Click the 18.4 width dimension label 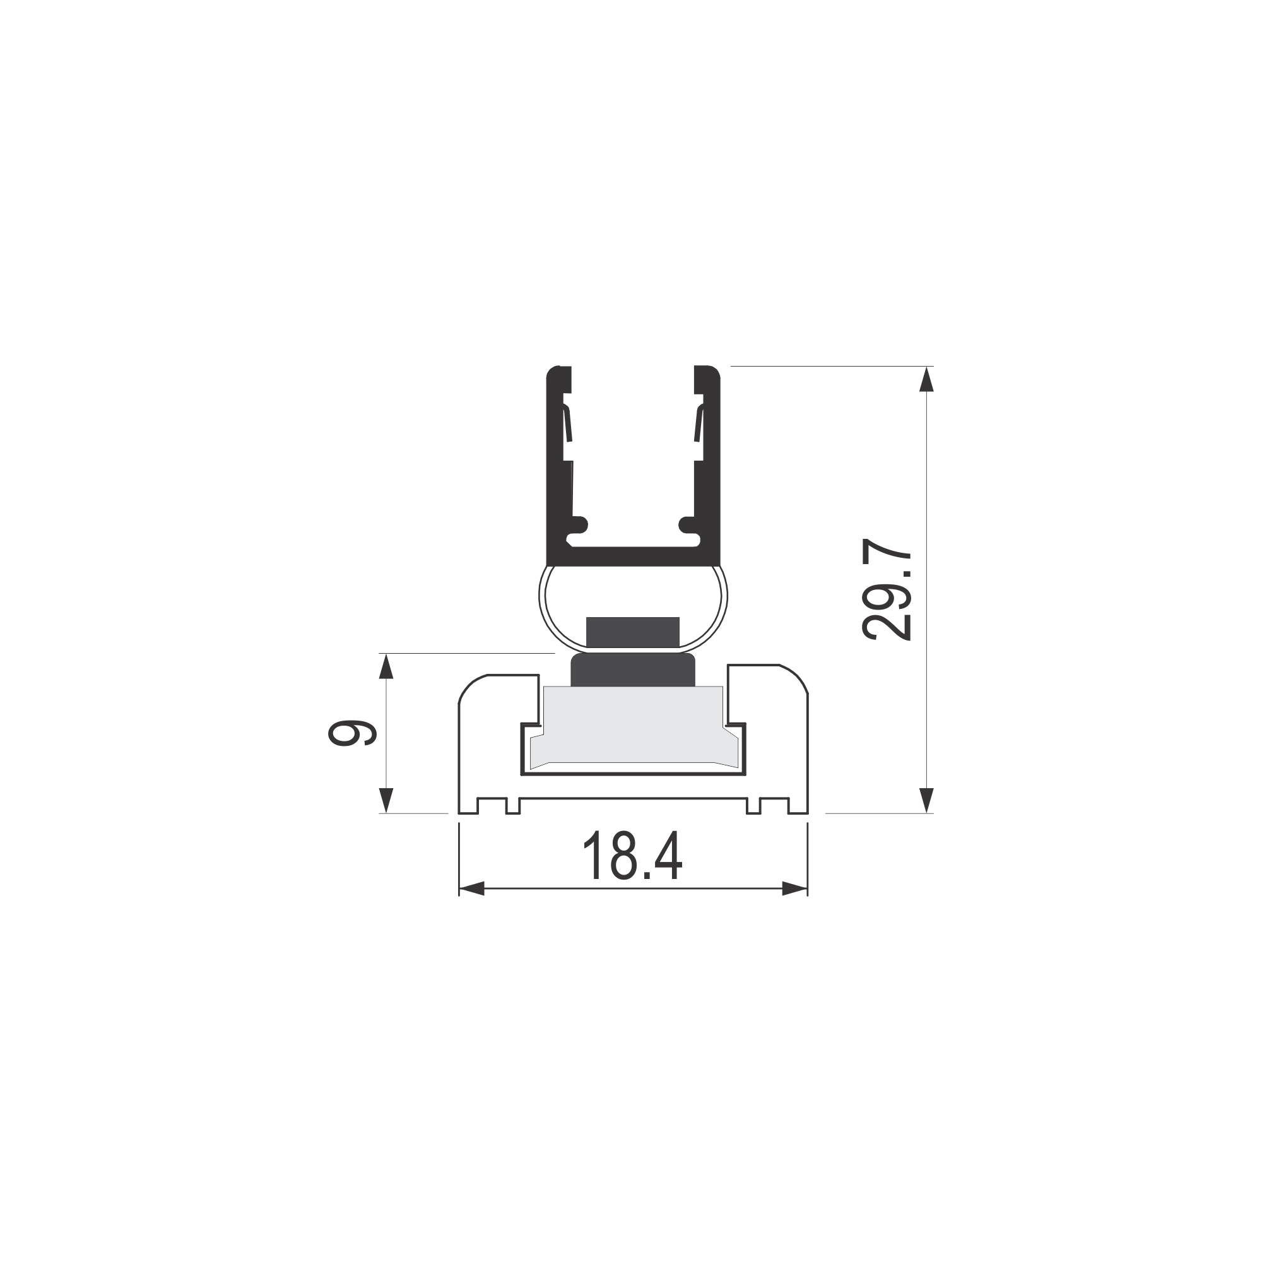632,856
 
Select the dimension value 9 352,734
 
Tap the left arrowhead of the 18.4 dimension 471,888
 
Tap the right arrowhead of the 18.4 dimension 795,888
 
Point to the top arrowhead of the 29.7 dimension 926,379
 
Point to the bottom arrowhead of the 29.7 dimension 926,801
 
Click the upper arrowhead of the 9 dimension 386,666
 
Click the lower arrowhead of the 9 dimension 386,801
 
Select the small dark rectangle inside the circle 633,632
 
